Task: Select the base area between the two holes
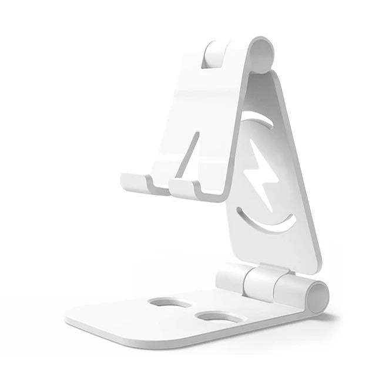191,310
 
